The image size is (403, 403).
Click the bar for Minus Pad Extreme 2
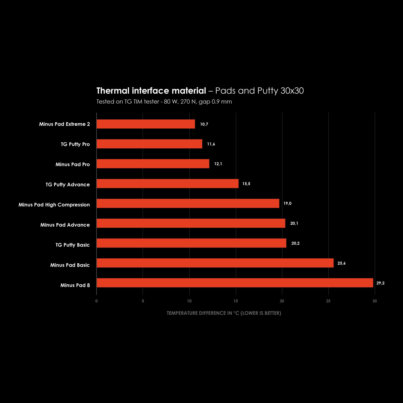click(x=146, y=124)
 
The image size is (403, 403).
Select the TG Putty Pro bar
click(x=149, y=144)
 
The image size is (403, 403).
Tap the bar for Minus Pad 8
click(x=235, y=283)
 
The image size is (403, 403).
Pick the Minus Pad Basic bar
click(x=215, y=263)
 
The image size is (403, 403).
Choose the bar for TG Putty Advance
click(x=167, y=184)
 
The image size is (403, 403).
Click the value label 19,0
click(x=287, y=203)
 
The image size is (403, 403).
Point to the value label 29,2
click(x=380, y=283)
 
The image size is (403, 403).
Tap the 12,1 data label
click(x=218, y=164)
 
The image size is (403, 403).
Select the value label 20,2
click(x=295, y=243)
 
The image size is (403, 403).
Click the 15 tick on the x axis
click(x=236, y=301)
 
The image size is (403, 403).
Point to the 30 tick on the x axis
click(x=374, y=301)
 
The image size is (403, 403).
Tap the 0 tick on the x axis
click(x=96, y=301)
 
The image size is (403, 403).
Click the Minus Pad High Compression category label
click(x=54, y=205)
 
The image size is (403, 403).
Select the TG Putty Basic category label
click(x=73, y=245)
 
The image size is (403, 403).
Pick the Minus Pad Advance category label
click(x=65, y=225)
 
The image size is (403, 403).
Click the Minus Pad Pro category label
click(x=73, y=164)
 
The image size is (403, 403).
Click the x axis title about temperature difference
click(x=224, y=313)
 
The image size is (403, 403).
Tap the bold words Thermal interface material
click(x=151, y=91)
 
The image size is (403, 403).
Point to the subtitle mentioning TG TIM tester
click(x=164, y=102)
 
